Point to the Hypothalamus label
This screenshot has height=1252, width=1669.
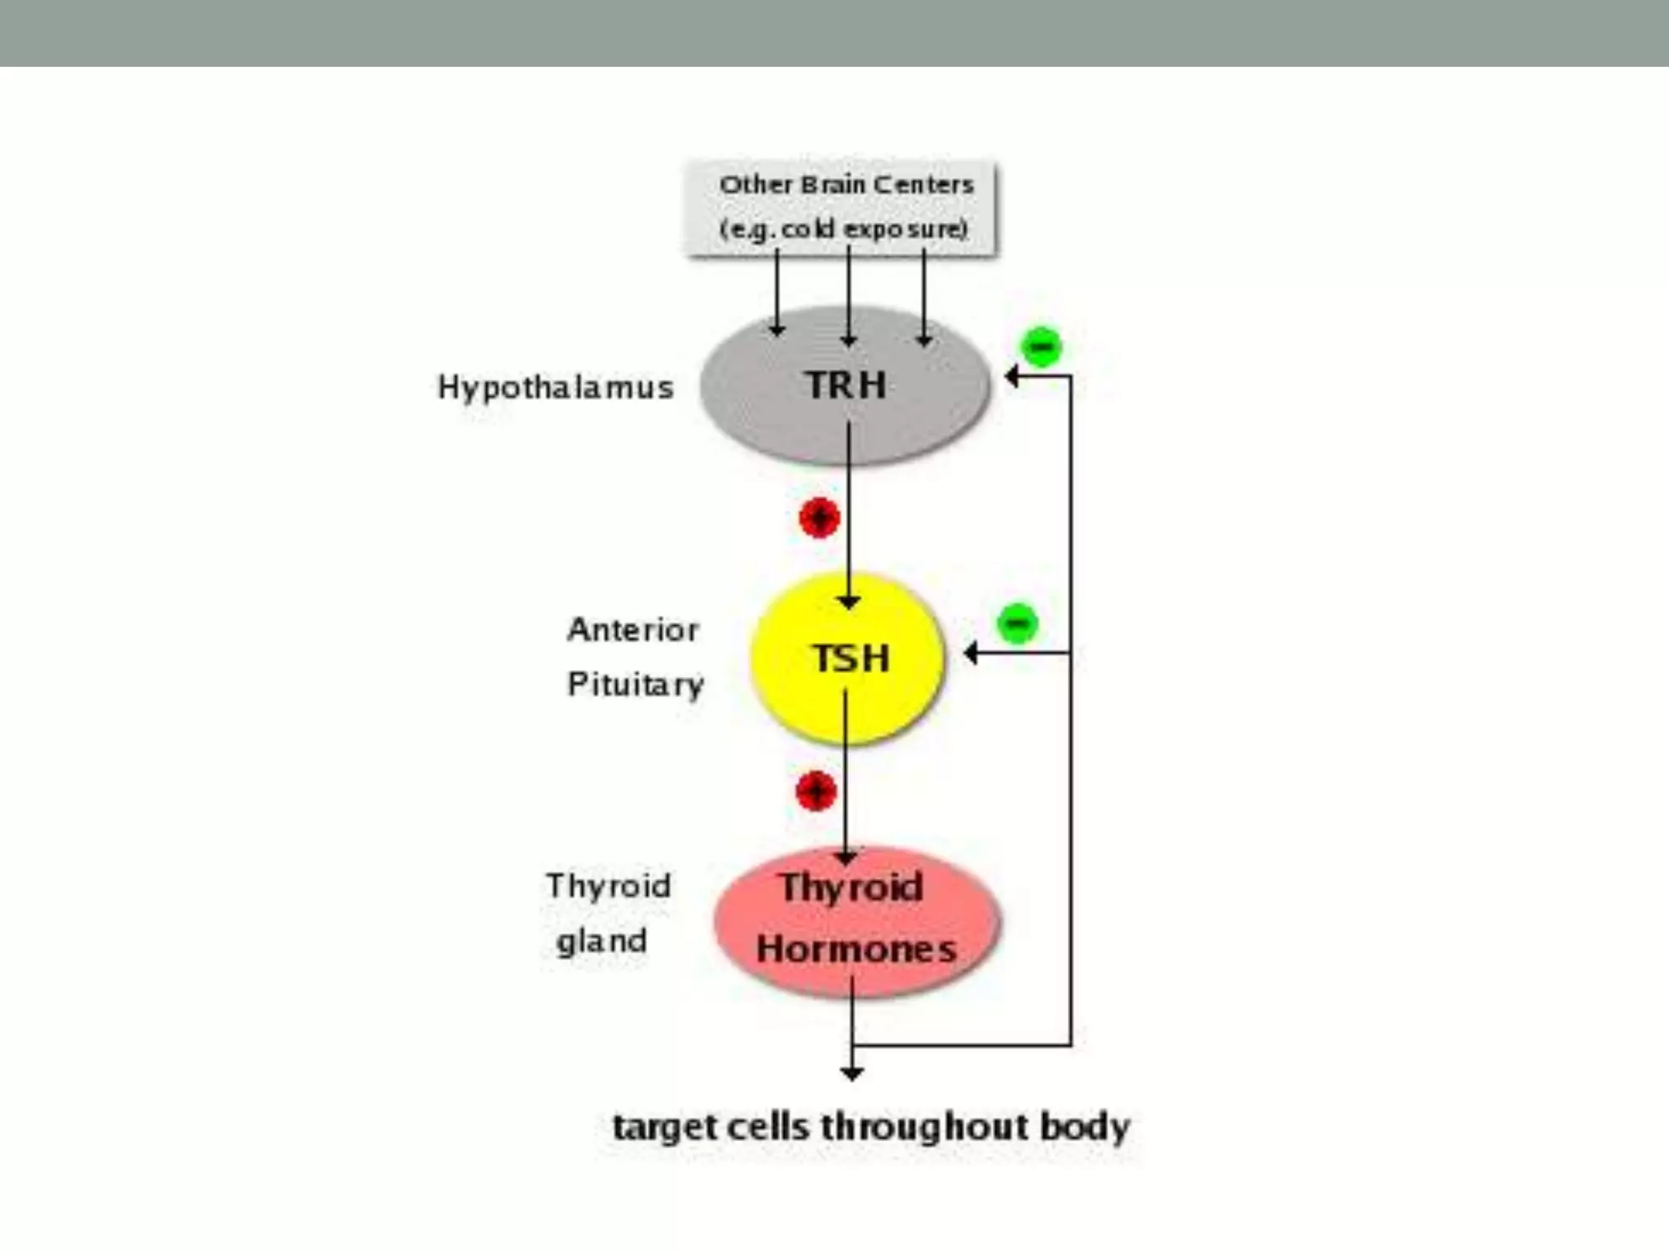click(x=556, y=387)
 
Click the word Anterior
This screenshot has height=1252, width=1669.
click(x=633, y=629)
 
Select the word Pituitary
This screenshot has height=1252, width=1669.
click(x=635, y=685)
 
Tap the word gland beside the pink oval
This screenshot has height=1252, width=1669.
click(x=601, y=941)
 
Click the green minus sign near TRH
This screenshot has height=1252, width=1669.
click(x=1041, y=346)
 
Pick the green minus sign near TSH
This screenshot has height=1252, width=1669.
click(x=1017, y=624)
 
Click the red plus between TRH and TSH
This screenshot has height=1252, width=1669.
click(x=819, y=518)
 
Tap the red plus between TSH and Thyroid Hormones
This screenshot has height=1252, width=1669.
click(x=816, y=791)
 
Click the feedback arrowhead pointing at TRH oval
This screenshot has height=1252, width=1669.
click(x=1011, y=376)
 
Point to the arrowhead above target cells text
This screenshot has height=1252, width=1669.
click(x=852, y=1073)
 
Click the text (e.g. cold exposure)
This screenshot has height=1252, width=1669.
click(x=843, y=230)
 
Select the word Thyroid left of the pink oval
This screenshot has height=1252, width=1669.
click(x=608, y=886)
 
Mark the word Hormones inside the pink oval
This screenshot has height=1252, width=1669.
click(x=856, y=950)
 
